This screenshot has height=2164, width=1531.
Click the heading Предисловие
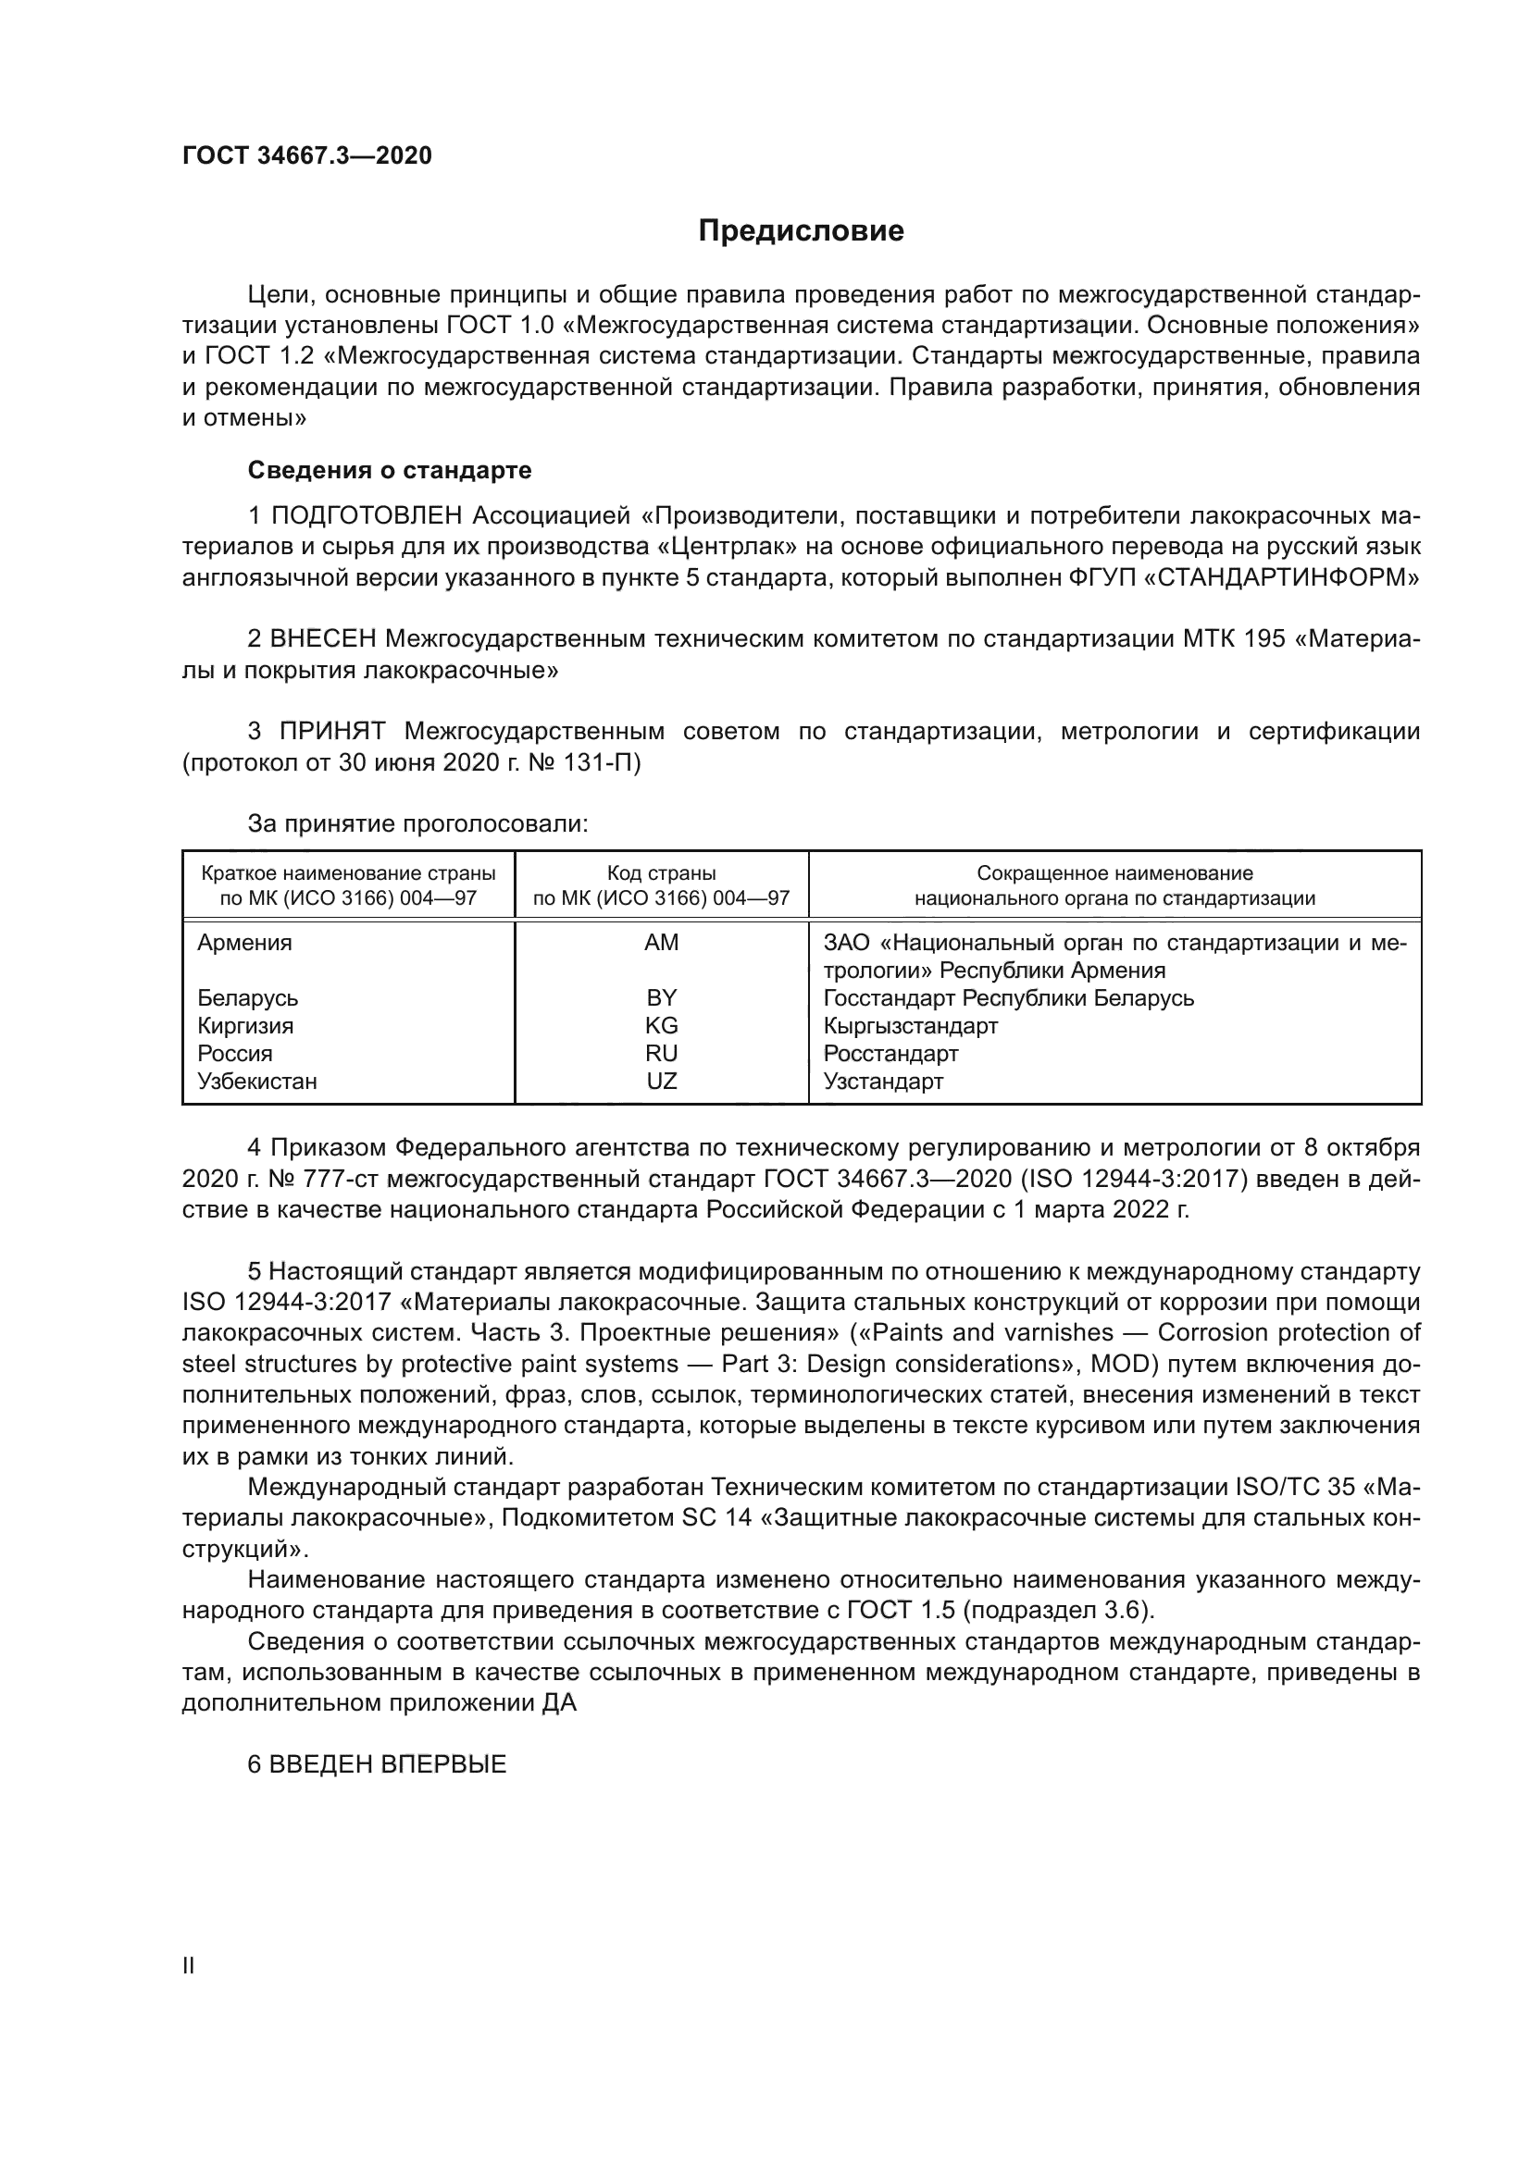(801, 231)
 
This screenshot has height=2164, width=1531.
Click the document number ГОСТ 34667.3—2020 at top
(306, 156)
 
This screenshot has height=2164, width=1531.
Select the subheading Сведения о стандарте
(390, 469)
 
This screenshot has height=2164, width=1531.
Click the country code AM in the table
(661, 943)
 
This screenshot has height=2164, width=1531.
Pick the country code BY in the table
(661, 998)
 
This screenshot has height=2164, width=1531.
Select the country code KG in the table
(661, 1025)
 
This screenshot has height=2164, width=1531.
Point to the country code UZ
(661, 1081)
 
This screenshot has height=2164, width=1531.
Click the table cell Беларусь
(247, 998)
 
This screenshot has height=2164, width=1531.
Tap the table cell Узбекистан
(256, 1081)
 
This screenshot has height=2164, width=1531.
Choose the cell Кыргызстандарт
(910, 1025)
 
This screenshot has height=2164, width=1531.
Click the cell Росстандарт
(890, 1054)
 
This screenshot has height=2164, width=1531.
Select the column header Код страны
(661, 873)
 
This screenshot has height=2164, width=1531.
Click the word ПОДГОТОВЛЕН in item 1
(367, 516)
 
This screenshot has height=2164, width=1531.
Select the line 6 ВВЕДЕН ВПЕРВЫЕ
(376, 1764)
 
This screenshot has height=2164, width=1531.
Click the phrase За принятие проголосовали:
(417, 823)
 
